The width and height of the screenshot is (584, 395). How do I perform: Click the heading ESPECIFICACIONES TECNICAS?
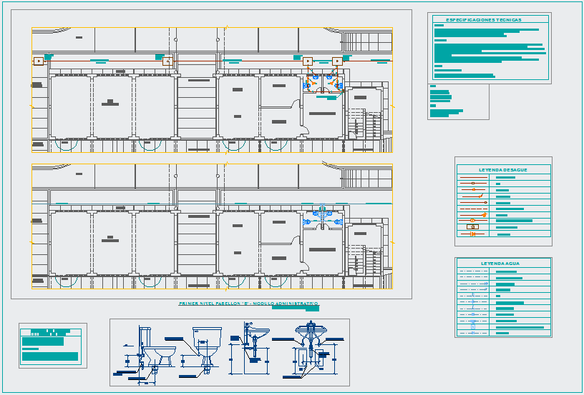[483, 20]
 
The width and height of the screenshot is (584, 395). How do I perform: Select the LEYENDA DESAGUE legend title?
[503, 170]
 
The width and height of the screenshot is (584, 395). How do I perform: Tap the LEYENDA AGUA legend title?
[500, 264]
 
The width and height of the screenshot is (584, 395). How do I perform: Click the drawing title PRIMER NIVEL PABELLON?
[248, 304]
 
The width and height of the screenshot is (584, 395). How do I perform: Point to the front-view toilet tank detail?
[204, 344]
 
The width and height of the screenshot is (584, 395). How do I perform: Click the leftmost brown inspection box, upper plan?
[38, 61]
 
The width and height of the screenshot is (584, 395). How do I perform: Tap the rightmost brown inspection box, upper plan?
[337, 61]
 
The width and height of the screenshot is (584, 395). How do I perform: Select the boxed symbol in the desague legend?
[472, 227]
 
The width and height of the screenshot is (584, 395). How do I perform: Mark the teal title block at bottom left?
[50, 346]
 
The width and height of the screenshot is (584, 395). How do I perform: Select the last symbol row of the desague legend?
[473, 234]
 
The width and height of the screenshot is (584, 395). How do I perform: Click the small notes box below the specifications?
[457, 101]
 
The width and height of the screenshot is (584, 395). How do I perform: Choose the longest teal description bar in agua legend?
[520, 327]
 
